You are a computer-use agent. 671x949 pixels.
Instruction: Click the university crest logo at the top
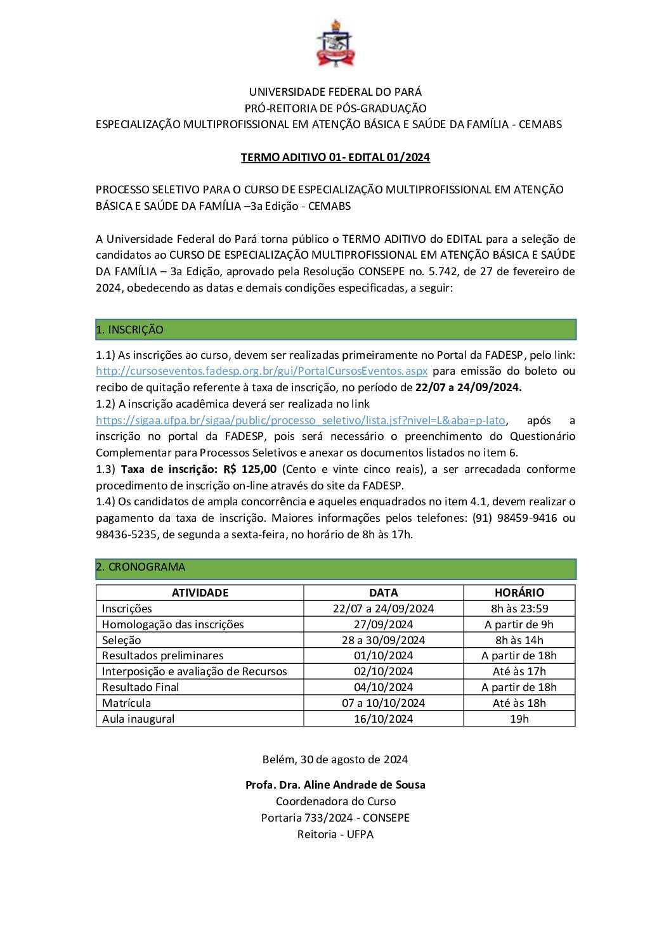click(335, 44)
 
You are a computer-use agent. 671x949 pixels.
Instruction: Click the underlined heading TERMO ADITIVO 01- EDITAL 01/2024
click(335, 157)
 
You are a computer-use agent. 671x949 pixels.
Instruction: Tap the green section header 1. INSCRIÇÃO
click(335, 330)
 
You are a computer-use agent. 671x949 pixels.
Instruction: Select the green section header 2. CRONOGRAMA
click(335, 567)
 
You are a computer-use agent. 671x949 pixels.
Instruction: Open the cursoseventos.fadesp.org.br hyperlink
click(261, 371)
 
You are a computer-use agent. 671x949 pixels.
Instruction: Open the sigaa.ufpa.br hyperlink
click(300, 420)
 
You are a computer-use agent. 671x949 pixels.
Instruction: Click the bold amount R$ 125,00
click(250, 469)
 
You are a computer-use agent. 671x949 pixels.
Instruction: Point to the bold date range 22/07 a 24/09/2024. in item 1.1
click(468, 387)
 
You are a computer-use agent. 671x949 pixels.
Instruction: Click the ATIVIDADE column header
click(200, 593)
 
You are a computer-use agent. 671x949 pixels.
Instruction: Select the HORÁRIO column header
click(519, 593)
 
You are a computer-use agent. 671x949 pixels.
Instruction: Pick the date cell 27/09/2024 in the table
click(383, 624)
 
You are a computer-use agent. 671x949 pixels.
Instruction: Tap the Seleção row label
click(122, 640)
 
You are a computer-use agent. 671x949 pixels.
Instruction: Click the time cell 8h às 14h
click(519, 640)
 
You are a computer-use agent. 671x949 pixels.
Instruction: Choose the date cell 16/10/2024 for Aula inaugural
click(383, 719)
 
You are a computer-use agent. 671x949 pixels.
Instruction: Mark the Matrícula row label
click(127, 703)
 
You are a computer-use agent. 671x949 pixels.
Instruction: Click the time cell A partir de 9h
click(519, 624)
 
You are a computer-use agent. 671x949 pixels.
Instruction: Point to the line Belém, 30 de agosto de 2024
click(335, 759)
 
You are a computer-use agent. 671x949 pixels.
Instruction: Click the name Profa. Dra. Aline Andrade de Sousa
click(335, 785)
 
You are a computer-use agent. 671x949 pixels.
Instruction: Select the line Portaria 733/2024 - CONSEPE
click(335, 818)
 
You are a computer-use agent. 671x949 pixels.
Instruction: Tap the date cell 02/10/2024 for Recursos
click(383, 671)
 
